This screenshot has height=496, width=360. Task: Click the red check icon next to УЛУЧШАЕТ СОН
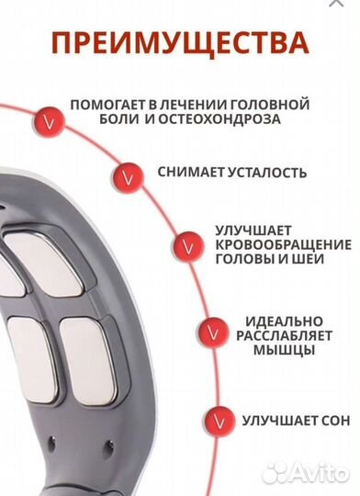point(216,421)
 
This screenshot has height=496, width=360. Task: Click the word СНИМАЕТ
point(187,173)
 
